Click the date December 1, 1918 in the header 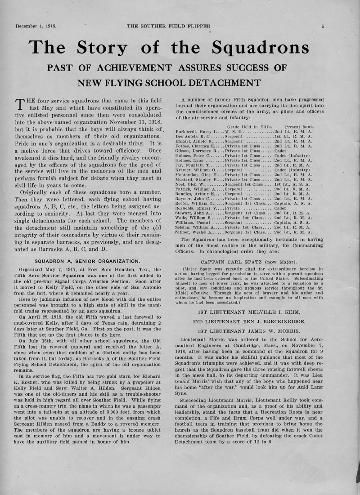(36, 26)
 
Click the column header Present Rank (300, 126)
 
